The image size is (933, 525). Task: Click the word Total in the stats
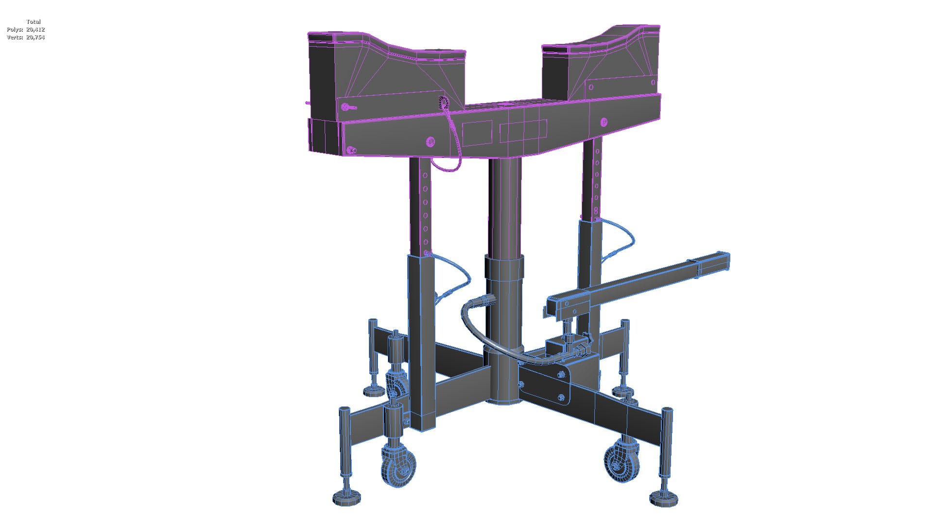click(34, 22)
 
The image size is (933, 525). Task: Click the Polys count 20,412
click(35, 30)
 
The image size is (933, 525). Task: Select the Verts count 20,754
click(35, 37)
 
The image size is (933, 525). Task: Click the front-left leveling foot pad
click(347, 499)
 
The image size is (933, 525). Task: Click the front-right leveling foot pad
click(663, 498)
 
